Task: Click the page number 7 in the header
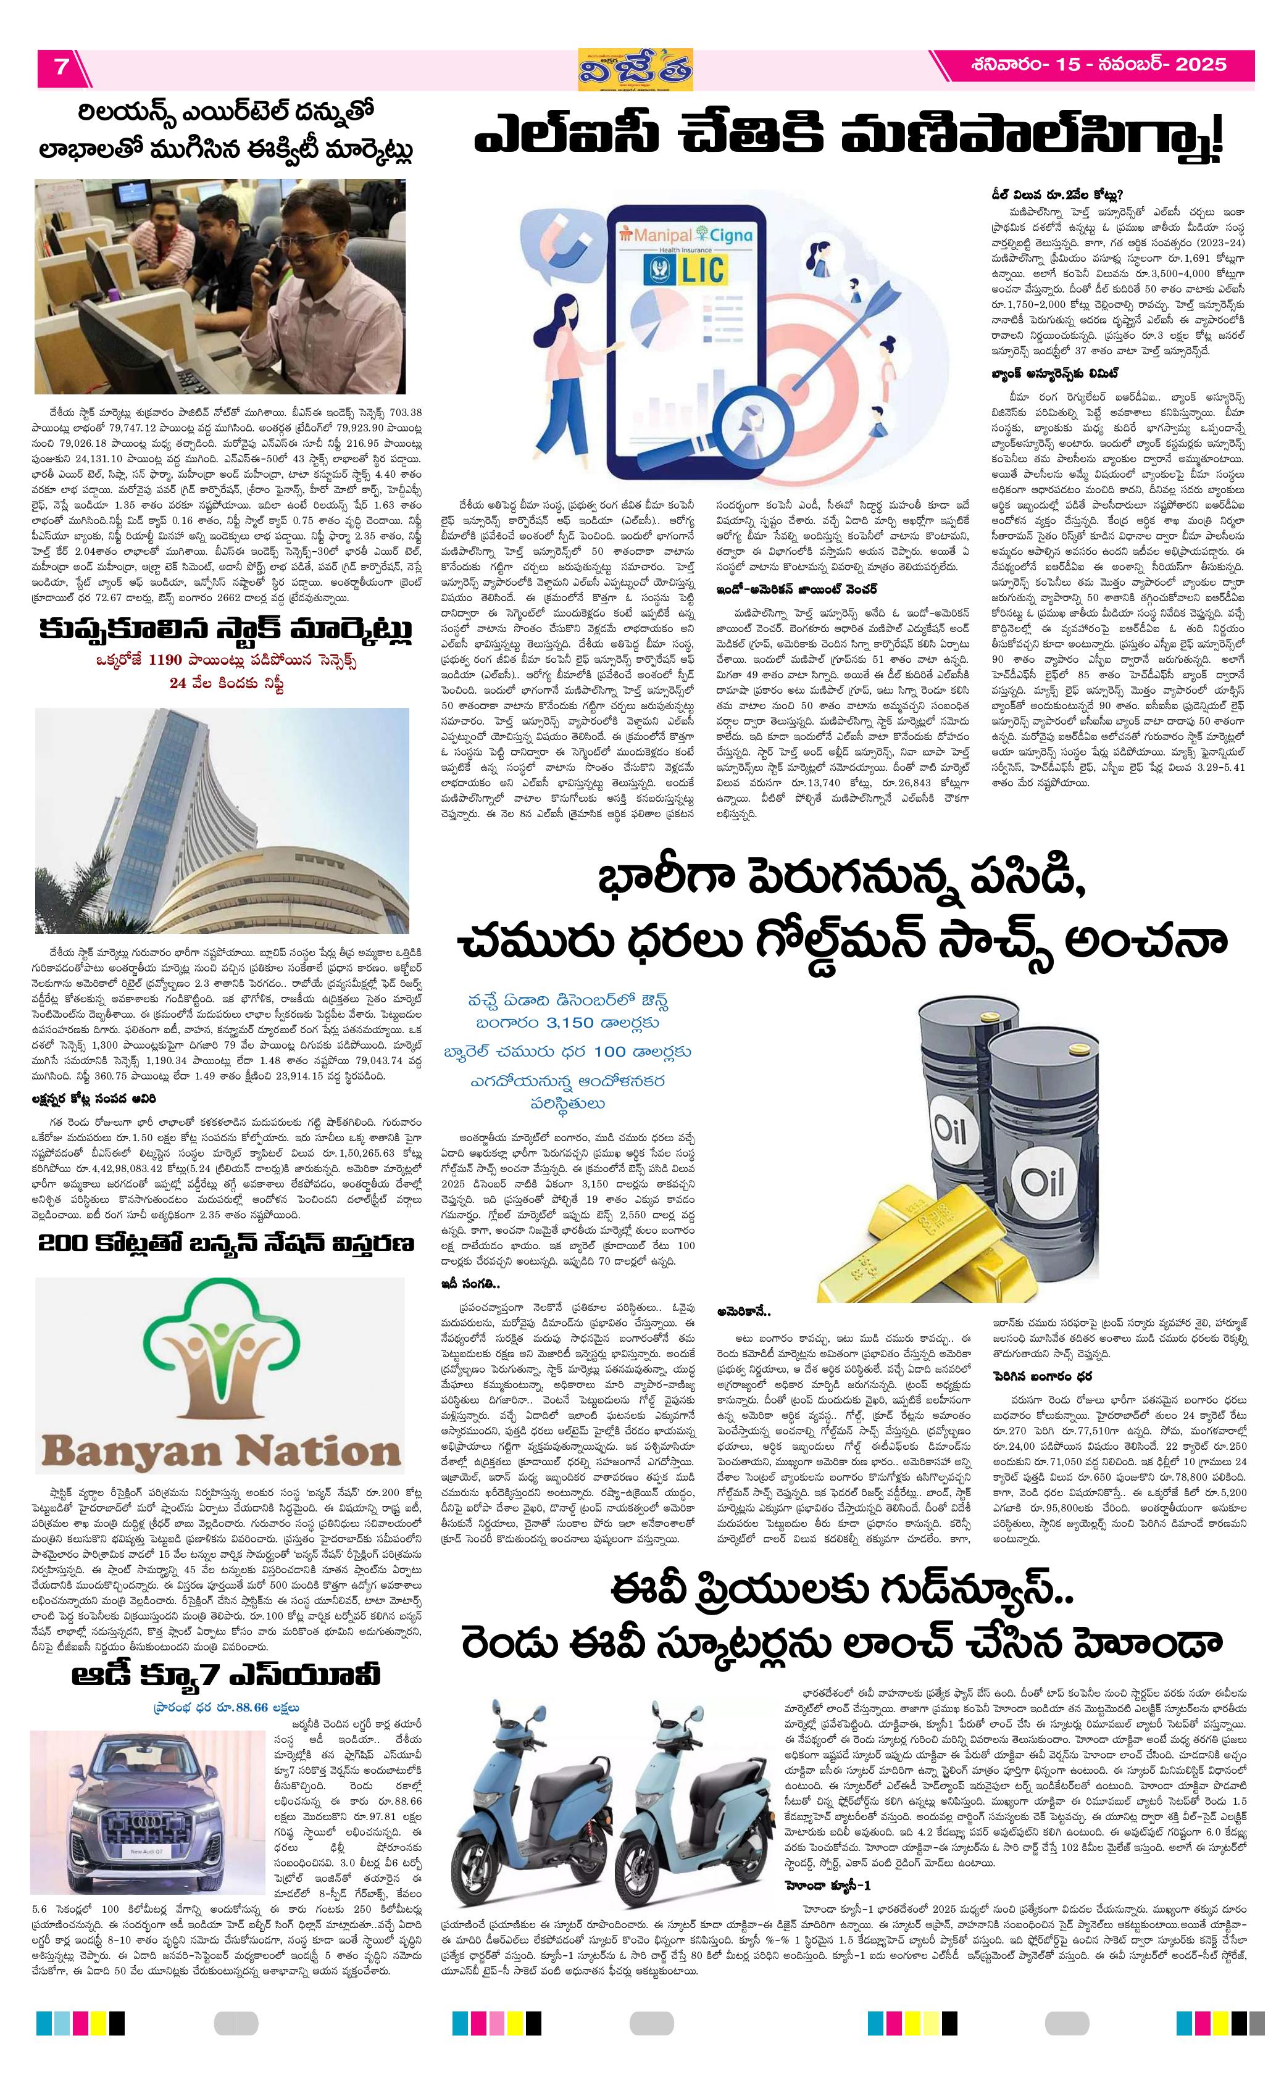(61, 67)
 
